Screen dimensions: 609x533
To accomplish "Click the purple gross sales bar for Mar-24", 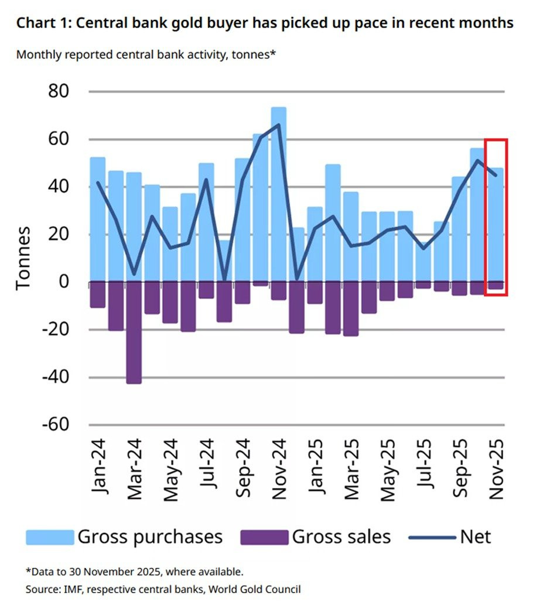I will click(x=134, y=333).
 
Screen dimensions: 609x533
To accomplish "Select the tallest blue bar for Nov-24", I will click(x=279, y=193).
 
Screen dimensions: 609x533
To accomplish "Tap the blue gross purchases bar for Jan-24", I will click(x=98, y=220).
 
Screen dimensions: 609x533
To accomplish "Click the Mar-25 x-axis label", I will click(x=351, y=468).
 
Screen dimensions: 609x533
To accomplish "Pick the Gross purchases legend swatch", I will click(x=50, y=536).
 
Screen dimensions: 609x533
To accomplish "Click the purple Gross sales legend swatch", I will click(x=264, y=536).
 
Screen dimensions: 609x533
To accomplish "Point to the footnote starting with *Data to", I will click(x=134, y=572).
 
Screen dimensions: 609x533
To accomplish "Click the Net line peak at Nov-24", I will click(x=279, y=124).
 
